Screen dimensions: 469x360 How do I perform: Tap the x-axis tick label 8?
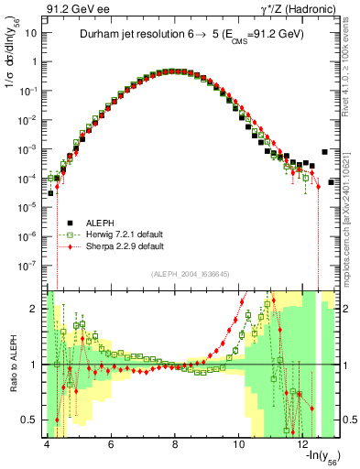[x=175, y=444]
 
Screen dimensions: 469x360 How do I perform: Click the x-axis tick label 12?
[x=302, y=444]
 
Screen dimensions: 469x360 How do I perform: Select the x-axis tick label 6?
[x=111, y=444]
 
